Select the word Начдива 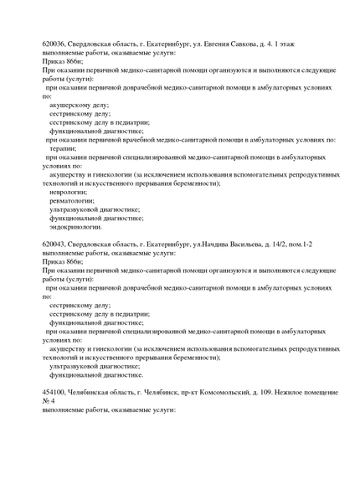(x=213, y=243)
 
